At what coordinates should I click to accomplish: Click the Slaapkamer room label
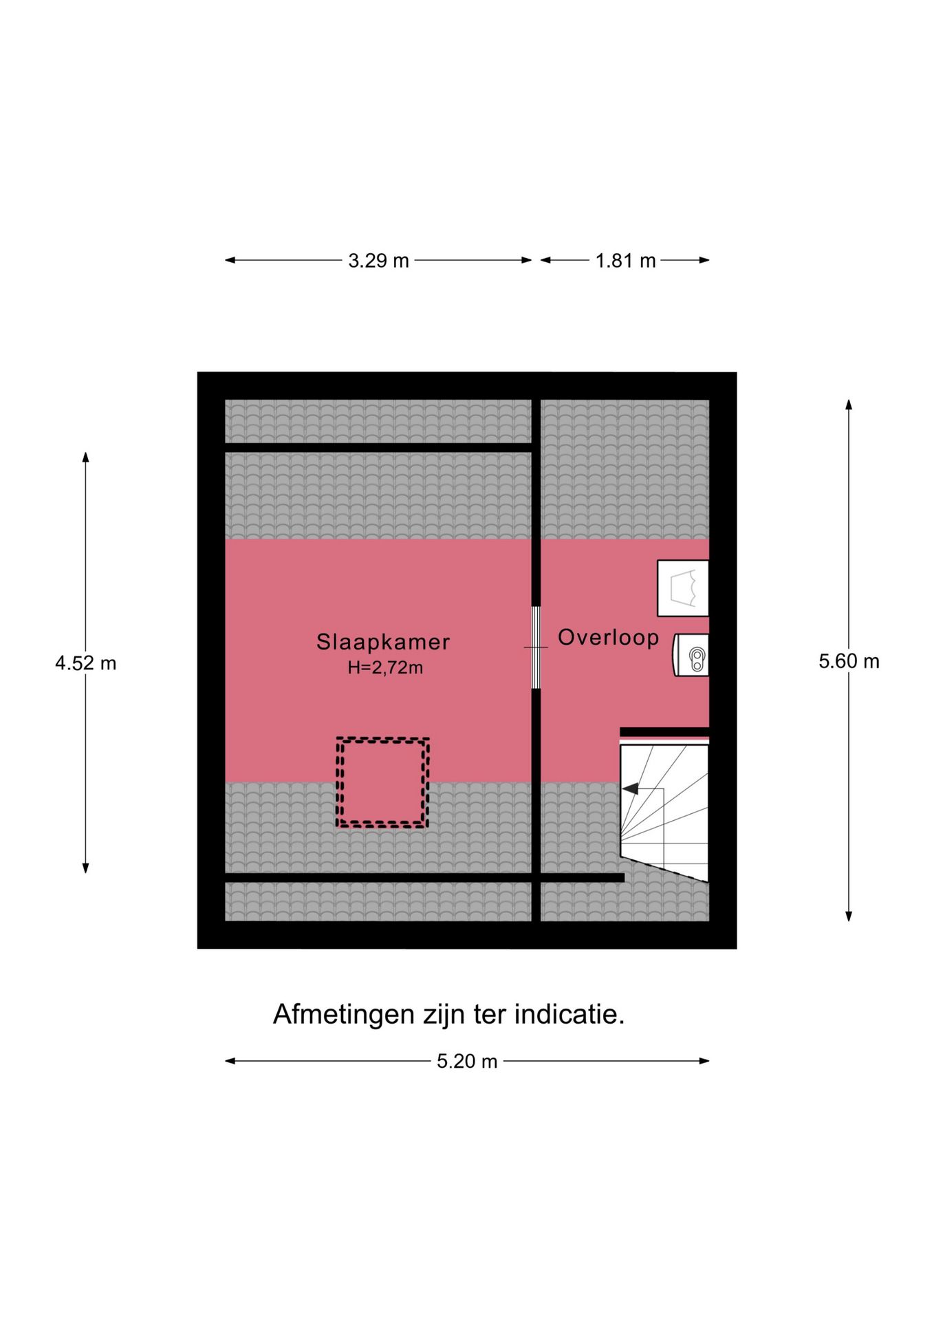383,642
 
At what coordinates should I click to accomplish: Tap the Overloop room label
608,638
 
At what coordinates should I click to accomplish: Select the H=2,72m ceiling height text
385,667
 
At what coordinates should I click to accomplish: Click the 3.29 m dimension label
378,261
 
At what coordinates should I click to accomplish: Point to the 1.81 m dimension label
625,261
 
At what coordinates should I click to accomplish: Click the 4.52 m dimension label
86,663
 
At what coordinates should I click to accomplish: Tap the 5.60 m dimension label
849,661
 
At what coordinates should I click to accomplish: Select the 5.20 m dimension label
467,1061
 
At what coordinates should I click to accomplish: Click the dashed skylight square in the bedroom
382,782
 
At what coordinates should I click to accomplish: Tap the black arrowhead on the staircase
630,789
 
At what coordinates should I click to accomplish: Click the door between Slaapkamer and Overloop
536,647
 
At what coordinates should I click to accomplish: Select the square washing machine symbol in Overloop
683,588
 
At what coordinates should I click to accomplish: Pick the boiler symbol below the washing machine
691,654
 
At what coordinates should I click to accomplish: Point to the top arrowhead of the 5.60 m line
849,404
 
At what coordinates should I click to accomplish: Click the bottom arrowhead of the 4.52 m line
86,868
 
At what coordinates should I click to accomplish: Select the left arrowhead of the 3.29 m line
230,260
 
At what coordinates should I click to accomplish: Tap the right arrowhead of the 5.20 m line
704,1061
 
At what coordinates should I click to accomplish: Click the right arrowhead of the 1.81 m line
704,260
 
